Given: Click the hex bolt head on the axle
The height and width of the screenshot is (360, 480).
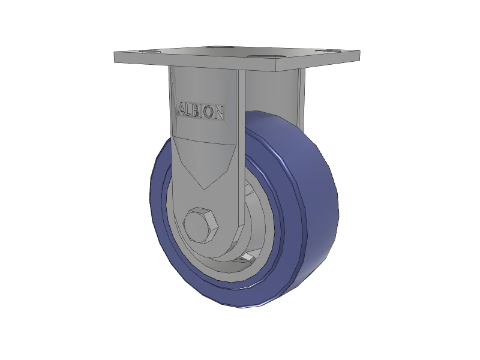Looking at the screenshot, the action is coord(200,226).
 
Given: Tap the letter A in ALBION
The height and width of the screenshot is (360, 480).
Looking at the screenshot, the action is coord(182,110).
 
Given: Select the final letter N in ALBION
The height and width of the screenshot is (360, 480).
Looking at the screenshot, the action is coord(218,113).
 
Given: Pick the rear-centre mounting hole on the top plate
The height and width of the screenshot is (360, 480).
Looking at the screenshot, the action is coord(218,47).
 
